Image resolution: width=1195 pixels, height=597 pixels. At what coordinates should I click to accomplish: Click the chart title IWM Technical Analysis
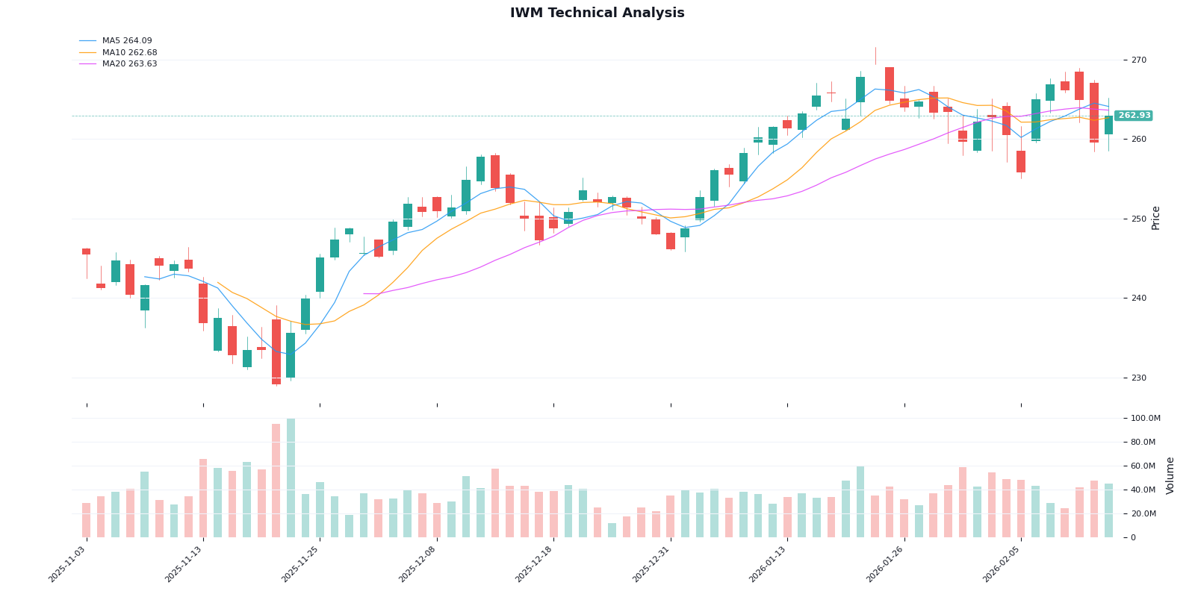pos(597,13)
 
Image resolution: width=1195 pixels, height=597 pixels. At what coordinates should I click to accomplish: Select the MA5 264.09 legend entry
pos(127,41)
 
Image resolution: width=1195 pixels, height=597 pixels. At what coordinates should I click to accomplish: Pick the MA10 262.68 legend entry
pos(129,53)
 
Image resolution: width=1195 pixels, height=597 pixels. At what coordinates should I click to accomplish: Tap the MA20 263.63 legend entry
pos(129,64)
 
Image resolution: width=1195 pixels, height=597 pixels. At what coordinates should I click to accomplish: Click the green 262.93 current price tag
pos(1134,116)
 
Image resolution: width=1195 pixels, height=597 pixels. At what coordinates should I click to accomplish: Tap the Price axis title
pos(1156,218)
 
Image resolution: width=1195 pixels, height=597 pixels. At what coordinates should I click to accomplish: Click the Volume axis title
pos(1170,475)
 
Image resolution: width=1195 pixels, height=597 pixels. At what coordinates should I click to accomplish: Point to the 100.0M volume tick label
pos(1145,419)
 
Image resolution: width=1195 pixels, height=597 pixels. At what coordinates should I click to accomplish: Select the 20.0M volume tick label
pos(1143,514)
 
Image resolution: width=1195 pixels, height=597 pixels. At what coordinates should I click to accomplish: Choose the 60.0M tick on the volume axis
pos(1143,466)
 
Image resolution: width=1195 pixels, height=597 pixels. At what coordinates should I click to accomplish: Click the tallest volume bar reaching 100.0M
pos(291,478)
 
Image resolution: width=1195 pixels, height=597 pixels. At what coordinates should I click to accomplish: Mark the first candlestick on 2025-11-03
pos(87,251)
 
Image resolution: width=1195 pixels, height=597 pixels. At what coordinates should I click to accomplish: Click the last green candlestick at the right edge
pos(1108,125)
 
